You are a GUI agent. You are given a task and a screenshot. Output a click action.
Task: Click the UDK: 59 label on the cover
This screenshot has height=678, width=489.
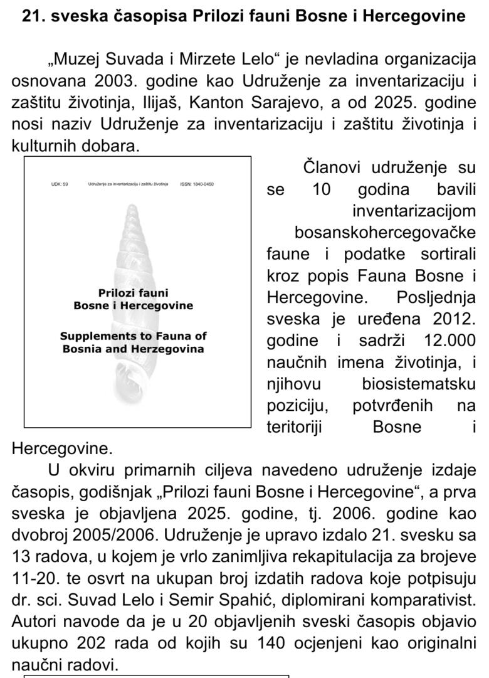point(60,184)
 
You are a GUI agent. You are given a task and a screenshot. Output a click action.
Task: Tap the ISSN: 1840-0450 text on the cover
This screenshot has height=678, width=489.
point(196,184)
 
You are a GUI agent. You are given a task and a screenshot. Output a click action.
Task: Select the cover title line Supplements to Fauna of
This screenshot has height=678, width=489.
point(133,336)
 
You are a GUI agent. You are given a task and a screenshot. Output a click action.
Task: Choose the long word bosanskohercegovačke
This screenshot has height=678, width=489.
point(385,233)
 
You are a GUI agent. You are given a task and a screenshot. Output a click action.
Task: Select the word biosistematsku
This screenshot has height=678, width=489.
point(419,383)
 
